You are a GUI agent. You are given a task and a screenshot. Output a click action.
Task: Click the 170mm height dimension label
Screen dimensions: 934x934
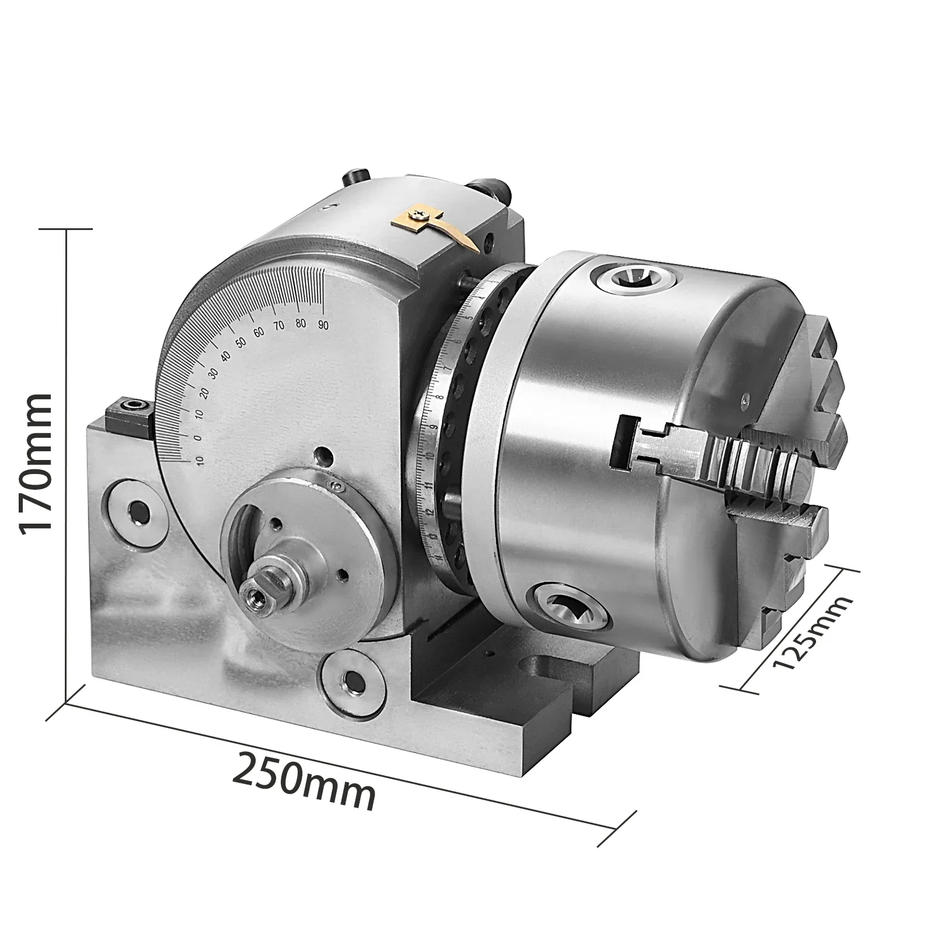36,461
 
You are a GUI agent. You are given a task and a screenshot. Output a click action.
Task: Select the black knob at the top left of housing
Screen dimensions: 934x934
357,175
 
